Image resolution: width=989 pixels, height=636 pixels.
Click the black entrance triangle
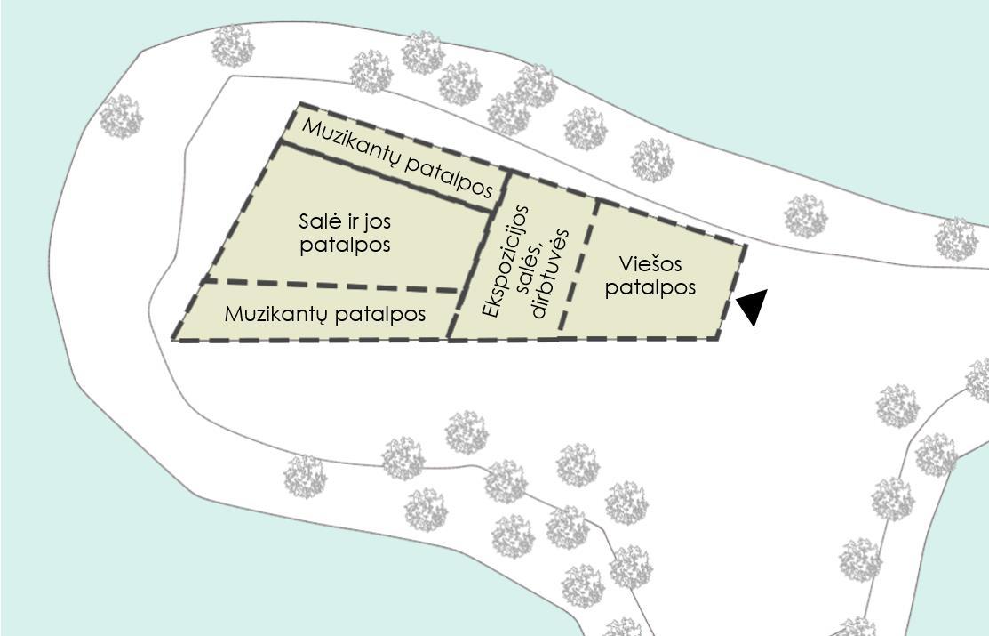(x=752, y=306)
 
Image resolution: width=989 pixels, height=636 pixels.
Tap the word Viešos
(x=650, y=264)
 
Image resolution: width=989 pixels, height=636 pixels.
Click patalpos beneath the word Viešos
(x=650, y=288)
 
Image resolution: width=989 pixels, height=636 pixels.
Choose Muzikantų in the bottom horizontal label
(x=271, y=315)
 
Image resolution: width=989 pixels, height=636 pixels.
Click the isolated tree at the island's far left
(x=121, y=117)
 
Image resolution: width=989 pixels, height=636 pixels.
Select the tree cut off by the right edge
(x=978, y=379)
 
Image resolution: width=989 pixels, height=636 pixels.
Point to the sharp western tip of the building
(x=173, y=338)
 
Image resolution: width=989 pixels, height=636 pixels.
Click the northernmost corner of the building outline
(x=300, y=104)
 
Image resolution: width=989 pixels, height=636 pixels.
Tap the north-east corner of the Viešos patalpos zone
(x=744, y=245)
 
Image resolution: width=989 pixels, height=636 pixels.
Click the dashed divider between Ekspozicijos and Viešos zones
(x=578, y=267)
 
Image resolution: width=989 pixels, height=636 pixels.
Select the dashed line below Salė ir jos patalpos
(x=329, y=286)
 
